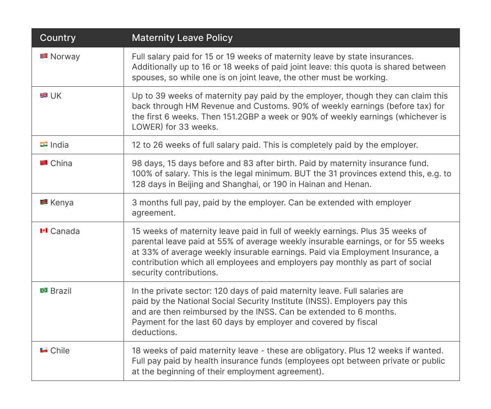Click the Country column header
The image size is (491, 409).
(x=58, y=38)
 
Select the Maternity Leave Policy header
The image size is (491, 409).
(x=182, y=38)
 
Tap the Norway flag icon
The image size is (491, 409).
(x=44, y=56)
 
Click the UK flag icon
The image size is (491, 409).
(x=44, y=96)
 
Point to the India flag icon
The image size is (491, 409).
(x=44, y=145)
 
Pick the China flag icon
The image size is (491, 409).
(x=44, y=163)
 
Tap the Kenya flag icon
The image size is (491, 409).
(x=44, y=202)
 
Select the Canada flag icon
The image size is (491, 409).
(x=44, y=231)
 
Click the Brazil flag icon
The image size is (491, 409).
(x=44, y=291)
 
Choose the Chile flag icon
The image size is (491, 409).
(x=44, y=351)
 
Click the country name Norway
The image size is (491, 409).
(x=65, y=56)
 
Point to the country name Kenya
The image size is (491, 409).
(x=62, y=202)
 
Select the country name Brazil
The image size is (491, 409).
(x=61, y=291)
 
